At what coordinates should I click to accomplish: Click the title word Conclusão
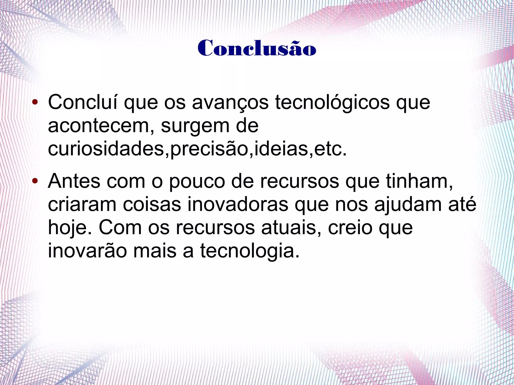click(x=256, y=48)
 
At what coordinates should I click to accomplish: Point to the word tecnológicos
click(x=333, y=103)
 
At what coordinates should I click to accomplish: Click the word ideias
click(x=281, y=149)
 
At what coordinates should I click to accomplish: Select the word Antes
click(x=74, y=181)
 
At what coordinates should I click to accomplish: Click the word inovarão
click(x=88, y=251)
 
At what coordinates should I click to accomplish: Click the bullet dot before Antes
click(x=35, y=181)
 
